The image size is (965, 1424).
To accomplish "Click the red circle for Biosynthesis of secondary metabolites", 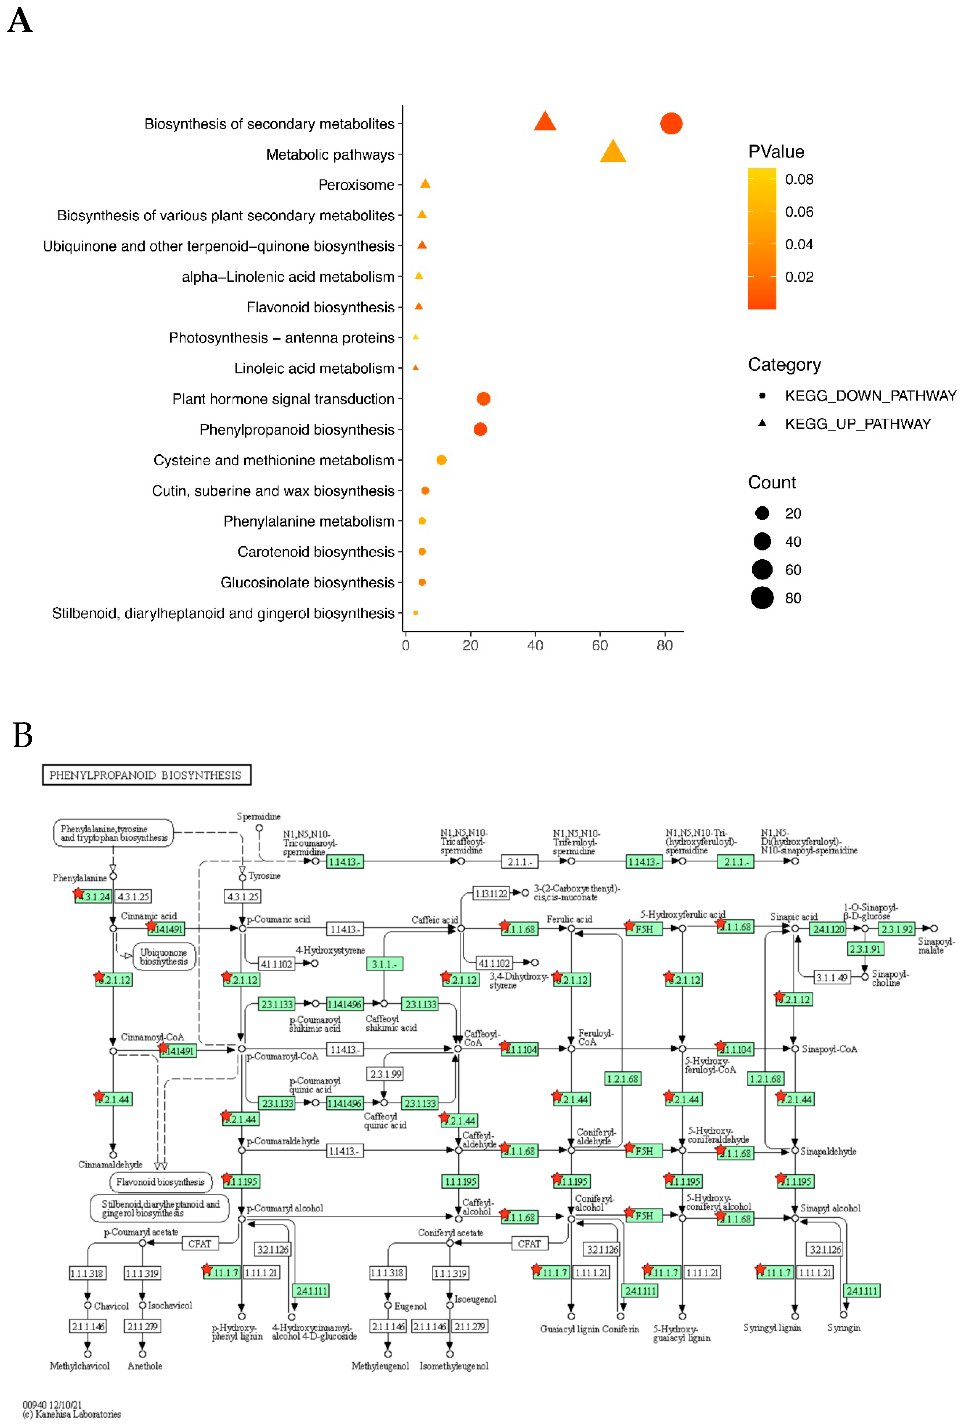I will (x=671, y=124).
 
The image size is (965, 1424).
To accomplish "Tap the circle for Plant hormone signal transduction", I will (x=483, y=399).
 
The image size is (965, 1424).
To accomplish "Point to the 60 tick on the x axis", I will (x=600, y=645).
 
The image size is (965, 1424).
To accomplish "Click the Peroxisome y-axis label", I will (x=356, y=185).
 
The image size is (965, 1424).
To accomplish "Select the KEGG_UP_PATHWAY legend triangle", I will (x=762, y=423).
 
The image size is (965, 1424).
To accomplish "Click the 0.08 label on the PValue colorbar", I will (x=799, y=180).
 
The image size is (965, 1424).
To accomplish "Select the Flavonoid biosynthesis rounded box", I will (x=160, y=1182).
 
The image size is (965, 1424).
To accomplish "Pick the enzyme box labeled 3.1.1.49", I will (x=831, y=977).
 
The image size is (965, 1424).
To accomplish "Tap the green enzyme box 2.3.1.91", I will (x=865, y=948).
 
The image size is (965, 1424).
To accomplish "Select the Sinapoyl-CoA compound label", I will (x=829, y=1049).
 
